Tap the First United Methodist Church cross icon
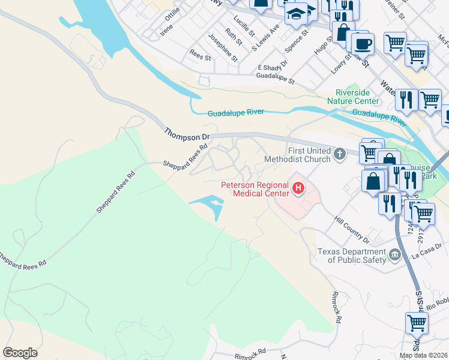coord(340,154)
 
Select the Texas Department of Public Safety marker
coord(394,256)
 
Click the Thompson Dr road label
coord(187,133)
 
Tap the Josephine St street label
coord(223,49)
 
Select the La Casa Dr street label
coord(427,256)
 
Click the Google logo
coord(20,353)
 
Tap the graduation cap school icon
coord(296,13)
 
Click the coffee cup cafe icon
coord(363,43)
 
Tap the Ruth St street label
coord(234,37)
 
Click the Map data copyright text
coord(424,355)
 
